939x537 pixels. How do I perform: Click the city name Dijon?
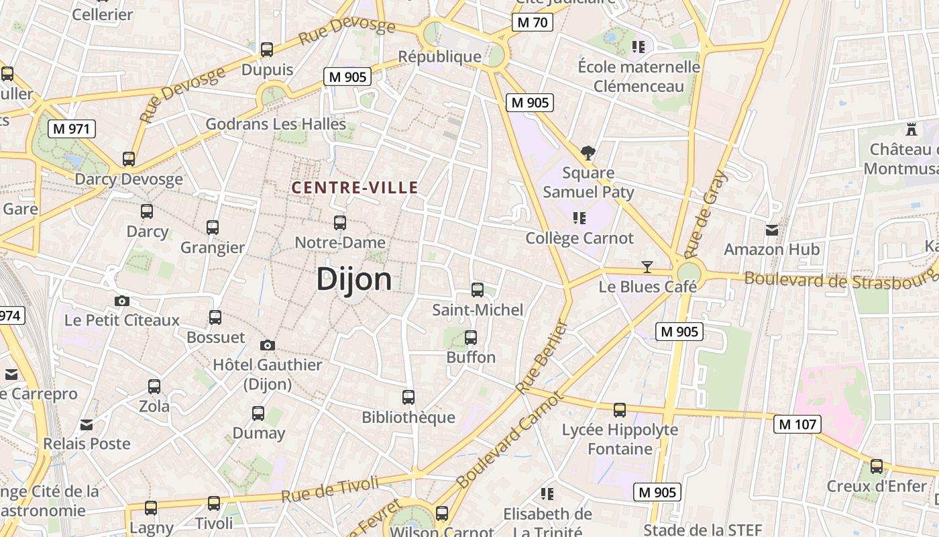pos(353,279)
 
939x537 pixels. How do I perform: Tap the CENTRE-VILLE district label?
pos(355,188)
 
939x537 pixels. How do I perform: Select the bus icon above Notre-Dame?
pos(340,222)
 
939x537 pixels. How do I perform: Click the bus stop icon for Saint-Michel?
pos(478,290)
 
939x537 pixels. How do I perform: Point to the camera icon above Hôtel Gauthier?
pos(268,345)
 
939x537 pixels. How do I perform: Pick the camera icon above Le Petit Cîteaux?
pos(121,301)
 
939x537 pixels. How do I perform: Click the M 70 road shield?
pos(533,22)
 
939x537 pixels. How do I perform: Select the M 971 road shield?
pos(72,128)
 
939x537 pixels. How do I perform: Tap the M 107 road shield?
pos(797,424)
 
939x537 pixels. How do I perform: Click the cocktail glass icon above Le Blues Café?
pos(647,267)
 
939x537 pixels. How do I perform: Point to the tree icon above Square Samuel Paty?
pos(588,153)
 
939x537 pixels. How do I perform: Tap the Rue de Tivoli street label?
pos(330,490)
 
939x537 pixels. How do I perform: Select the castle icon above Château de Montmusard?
pos(911,129)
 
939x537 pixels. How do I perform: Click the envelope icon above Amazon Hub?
pos(772,230)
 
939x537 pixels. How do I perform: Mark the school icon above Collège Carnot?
pos(579,218)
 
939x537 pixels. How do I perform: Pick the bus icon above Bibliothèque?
pos(408,397)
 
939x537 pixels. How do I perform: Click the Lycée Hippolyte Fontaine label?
pos(620,439)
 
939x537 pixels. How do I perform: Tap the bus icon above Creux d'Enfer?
pos(877,467)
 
